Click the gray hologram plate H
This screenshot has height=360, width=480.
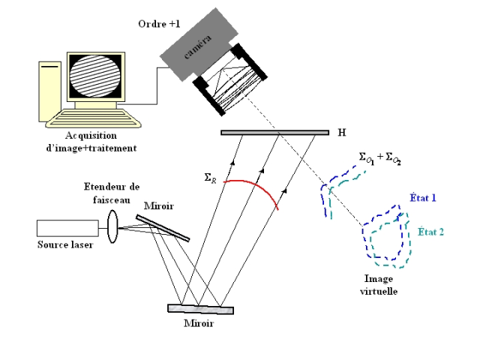(x=274, y=133)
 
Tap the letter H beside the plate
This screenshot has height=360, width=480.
(x=342, y=133)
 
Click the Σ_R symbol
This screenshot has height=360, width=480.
(x=212, y=178)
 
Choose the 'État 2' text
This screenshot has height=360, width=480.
(x=430, y=231)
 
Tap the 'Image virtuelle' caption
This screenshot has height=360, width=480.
(x=374, y=283)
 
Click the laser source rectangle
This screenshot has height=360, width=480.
(x=67, y=227)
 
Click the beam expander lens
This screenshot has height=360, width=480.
(x=112, y=226)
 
